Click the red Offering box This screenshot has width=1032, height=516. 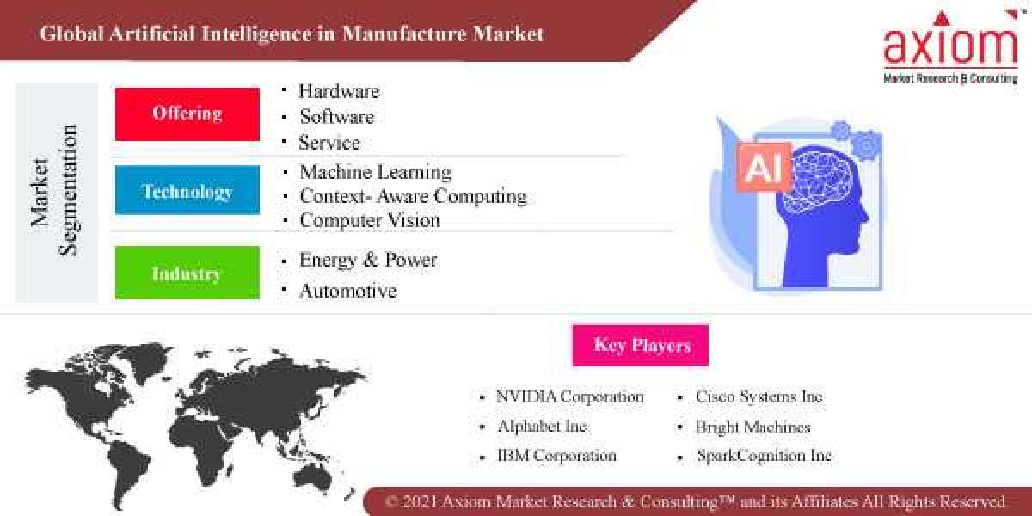187,114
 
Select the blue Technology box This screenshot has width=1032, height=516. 187,190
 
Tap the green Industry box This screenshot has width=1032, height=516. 187,273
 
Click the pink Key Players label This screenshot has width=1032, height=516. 641,346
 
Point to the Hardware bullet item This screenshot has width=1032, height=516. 338,91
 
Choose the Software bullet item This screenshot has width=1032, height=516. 336,116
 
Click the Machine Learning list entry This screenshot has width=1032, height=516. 375,172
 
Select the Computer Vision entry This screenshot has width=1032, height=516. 370,220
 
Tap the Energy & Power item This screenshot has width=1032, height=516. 368,260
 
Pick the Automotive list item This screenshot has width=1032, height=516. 347,291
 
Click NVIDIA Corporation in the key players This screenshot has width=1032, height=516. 569,396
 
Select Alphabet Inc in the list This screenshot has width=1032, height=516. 542,426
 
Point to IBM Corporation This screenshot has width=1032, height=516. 556,455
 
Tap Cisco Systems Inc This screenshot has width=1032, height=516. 759,396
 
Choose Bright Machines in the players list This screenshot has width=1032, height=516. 752,427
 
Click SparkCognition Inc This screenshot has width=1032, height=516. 764,456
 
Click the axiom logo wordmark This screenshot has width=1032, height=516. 949,46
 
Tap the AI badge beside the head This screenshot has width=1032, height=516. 763,168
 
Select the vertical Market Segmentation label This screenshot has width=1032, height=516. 55,191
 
